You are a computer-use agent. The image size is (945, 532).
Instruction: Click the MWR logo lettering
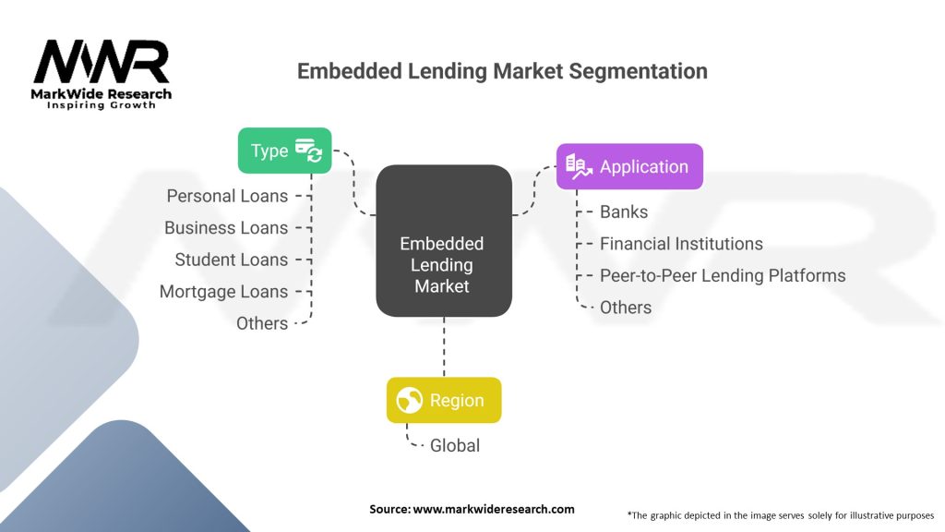coord(102,62)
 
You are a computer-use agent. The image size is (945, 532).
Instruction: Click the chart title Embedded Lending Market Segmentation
coord(502,71)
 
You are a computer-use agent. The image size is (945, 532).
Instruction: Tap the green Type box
coord(284,151)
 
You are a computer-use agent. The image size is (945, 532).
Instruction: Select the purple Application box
coord(629,167)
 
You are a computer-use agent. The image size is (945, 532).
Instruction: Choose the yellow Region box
coord(444,400)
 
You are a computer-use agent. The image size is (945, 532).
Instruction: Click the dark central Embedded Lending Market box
coord(443,265)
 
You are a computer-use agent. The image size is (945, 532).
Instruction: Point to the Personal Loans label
coord(227,196)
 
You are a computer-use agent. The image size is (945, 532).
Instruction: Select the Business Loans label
coord(226,227)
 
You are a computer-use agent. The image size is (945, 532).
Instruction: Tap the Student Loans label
coord(231,260)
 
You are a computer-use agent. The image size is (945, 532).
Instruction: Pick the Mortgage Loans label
coord(223,291)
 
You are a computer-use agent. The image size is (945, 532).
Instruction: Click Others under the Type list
coord(262,323)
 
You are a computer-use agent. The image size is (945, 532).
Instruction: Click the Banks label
coord(624,212)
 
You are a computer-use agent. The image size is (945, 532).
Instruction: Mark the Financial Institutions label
coord(681,244)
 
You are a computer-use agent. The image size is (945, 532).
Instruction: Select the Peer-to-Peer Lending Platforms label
coord(723,275)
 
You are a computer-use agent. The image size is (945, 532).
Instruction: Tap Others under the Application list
coord(626,308)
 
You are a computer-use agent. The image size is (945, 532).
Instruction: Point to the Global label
coord(455,445)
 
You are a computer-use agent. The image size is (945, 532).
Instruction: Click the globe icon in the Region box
coord(409,400)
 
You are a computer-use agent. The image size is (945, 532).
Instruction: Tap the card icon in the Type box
coord(308,151)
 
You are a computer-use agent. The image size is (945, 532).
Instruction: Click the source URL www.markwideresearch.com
coord(494,509)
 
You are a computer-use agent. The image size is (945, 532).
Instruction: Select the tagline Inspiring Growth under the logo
coord(102,105)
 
